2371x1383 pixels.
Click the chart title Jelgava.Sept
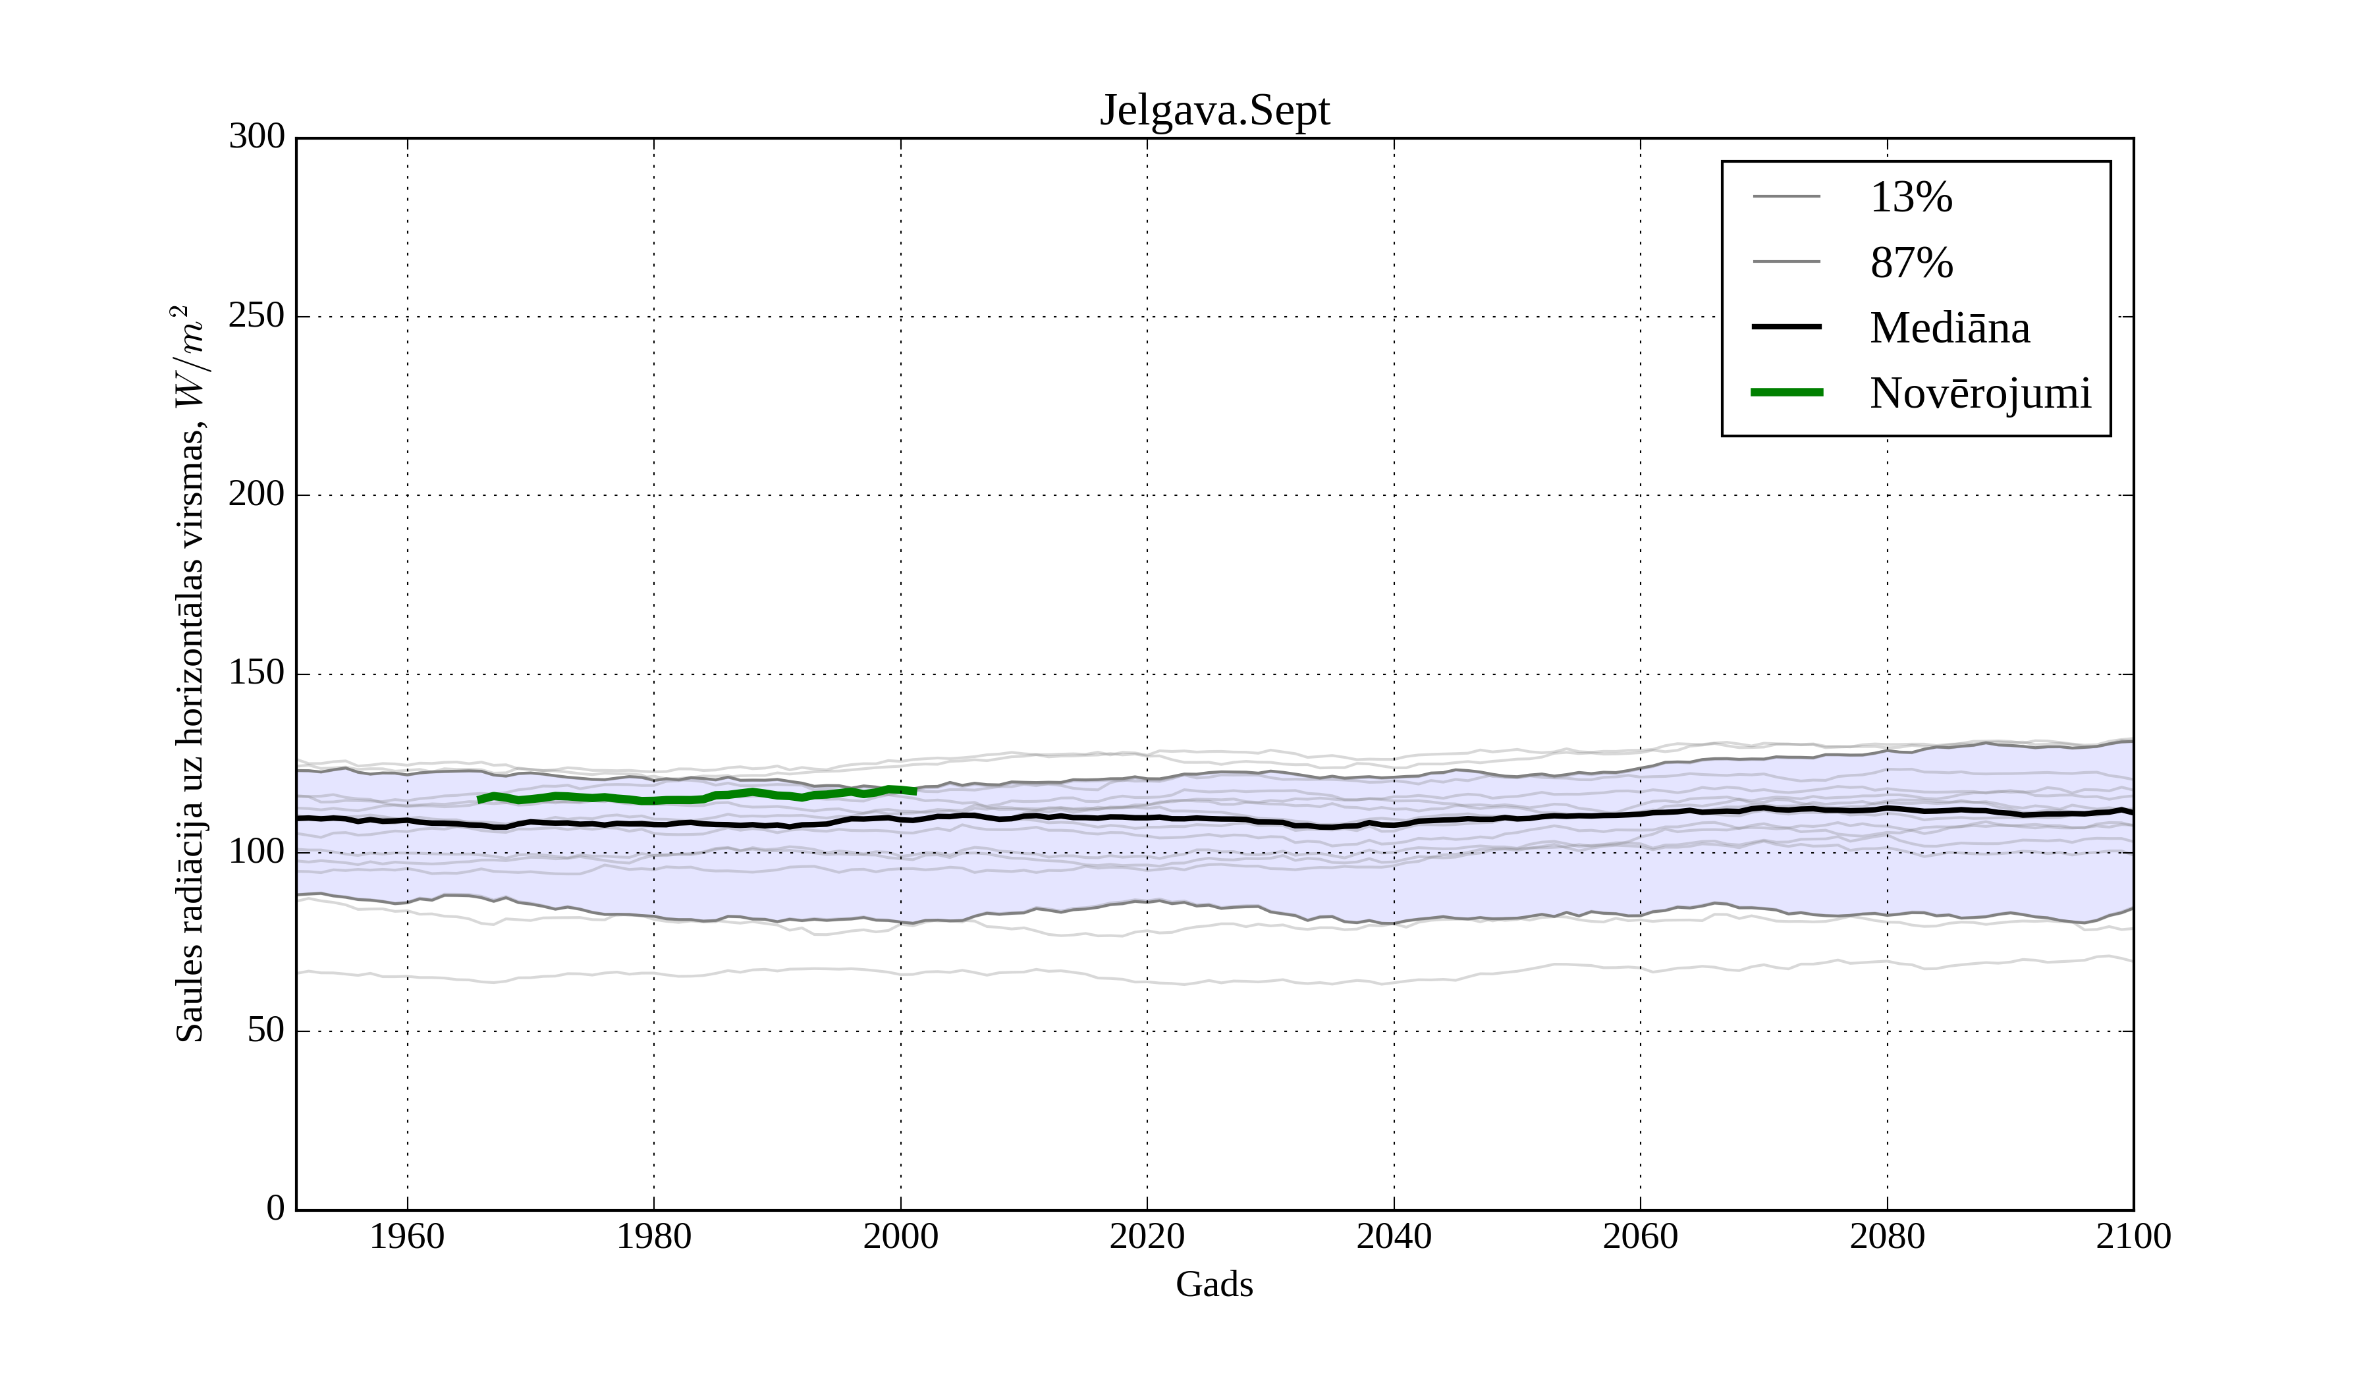1214,111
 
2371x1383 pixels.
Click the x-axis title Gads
1214,1284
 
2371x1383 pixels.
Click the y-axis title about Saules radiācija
189,674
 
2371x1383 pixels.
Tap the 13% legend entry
1910,198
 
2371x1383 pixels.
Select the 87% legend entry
1911,263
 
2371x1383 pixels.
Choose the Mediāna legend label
1949,327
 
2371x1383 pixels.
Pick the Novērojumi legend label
1980,393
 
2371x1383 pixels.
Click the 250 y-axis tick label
257,316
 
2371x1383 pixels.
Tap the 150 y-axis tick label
257,674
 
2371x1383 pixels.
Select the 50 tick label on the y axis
265,1031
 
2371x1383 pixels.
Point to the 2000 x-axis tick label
900,1236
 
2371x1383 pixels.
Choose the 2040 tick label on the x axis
1394,1236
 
